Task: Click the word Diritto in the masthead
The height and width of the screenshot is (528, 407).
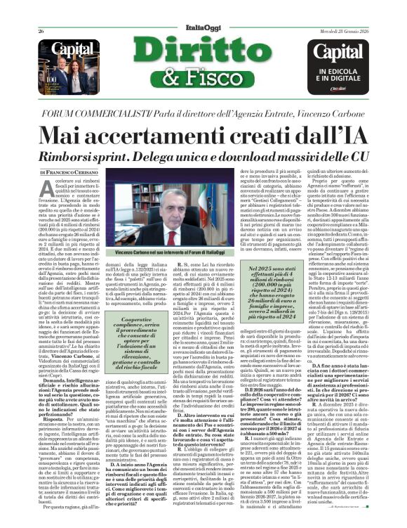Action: coord(203,49)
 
